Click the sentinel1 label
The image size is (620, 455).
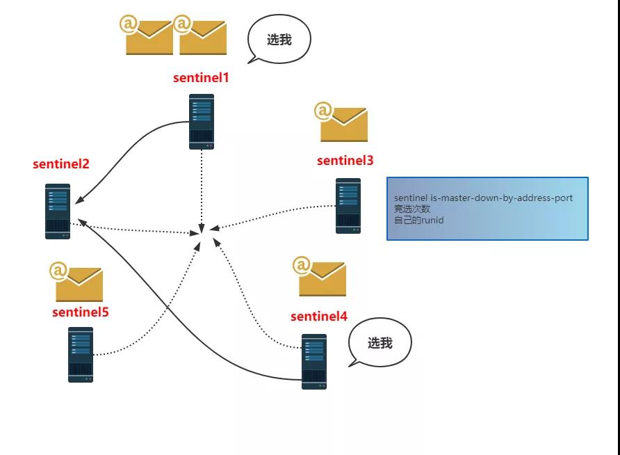[x=201, y=77]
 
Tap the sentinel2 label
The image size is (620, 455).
[x=61, y=164]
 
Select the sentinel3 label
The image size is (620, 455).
[x=345, y=161]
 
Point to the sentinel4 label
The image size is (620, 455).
[x=318, y=317]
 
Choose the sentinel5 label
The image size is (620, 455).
[x=81, y=312]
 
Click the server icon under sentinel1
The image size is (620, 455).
[x=202, y=122]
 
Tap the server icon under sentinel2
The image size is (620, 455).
[x=58, y=211]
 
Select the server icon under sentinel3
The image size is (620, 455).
[x=348, y=206]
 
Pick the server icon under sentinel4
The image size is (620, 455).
[x=314, y=361]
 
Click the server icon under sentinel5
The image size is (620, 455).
[x=81, y=355]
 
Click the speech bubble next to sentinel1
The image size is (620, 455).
[x=279, y=40]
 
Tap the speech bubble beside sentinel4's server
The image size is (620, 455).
[x=380, y=342]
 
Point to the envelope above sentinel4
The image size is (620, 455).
[x=322, y=279]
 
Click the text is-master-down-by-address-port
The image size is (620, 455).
[x=503, y=198]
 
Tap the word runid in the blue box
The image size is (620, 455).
[x=430, y=221]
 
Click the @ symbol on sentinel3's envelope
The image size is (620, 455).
[x=323, y=111]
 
